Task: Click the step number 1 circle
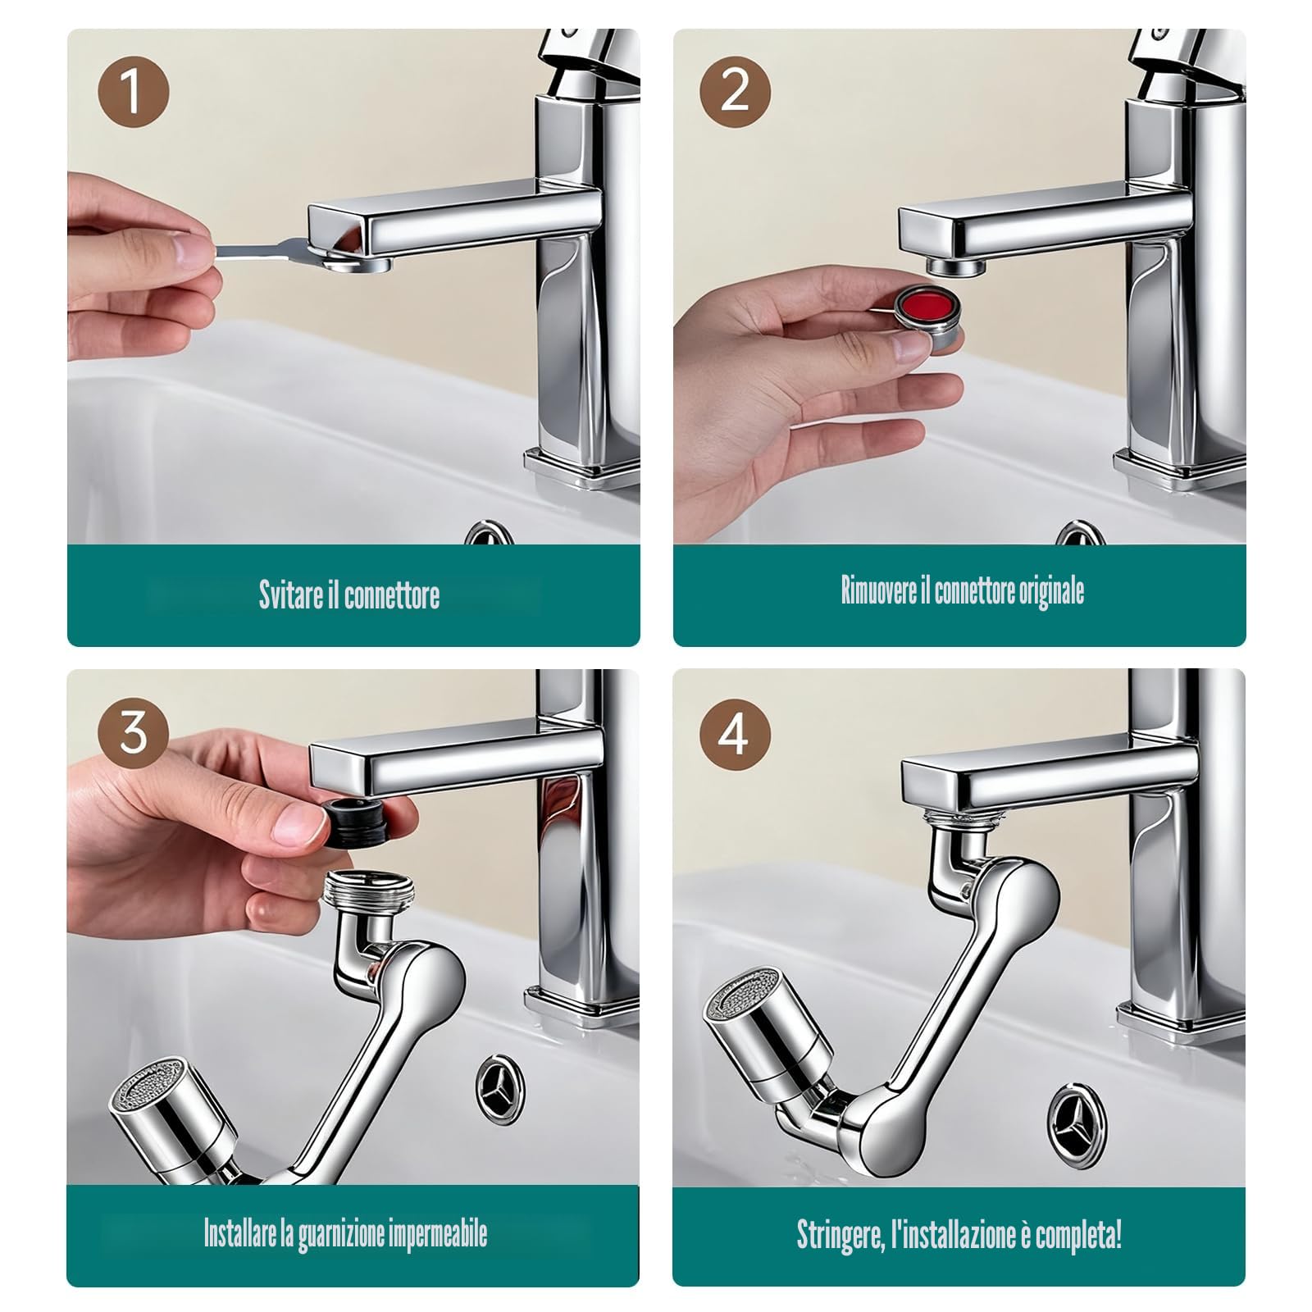click(x=133, y=92)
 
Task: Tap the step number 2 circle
click(x=735, y=92)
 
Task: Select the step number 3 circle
click(x=133, y=732)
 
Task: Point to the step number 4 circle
click(x=735, y=732)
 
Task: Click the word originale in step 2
click(x=1051, y=591)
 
